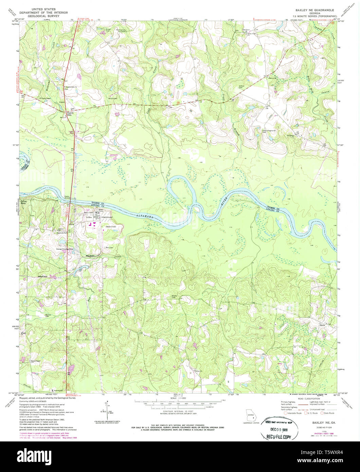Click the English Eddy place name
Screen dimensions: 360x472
pyautogui.click(x=70, y=114)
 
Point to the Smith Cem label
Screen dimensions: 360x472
pyautogui.click(x=113, y=98)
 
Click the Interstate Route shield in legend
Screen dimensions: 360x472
pyautogui.click(x=286, y=413)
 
